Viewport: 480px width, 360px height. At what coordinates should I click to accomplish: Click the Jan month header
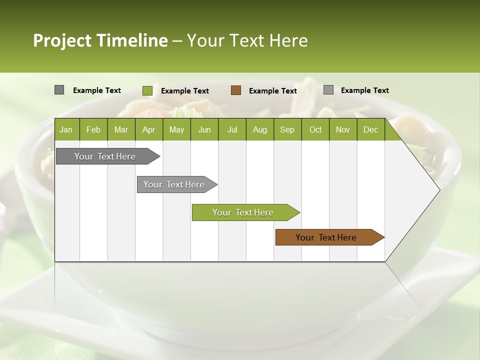point(66,129)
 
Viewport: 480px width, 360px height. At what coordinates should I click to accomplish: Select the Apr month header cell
point(148,129)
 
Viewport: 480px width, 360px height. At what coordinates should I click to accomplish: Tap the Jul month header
point(232,129)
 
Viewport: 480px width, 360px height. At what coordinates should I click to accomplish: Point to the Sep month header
point(287,129)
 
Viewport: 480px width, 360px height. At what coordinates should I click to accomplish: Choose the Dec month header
point(370,129)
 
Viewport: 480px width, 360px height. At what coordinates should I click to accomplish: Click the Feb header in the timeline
point(93,129)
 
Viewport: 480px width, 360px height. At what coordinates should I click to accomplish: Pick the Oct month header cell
point(315,129)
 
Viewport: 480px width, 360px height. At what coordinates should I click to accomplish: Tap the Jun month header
point(204,129)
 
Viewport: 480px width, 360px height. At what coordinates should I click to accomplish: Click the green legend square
point(147,90)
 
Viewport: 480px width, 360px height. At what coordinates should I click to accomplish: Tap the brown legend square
point(236,90)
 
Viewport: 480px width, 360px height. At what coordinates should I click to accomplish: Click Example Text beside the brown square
point(273,91)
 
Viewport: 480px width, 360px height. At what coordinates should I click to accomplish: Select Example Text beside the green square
point(185,91)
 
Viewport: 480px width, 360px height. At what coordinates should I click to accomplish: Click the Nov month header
point(343,129)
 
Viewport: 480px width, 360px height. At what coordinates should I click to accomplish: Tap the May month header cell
point(176,129)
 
